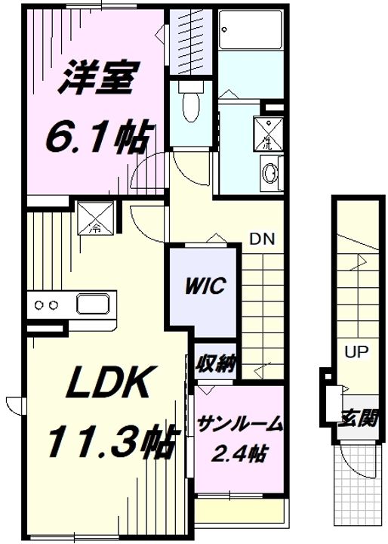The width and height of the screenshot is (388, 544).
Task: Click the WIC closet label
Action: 205,286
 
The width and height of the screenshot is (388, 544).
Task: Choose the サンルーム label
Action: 239,424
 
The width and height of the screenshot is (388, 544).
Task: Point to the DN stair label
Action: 263,239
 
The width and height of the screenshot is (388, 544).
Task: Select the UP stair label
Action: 356,352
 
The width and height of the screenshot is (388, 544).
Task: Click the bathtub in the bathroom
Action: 250,29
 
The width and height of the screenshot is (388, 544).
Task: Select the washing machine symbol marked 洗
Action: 268,134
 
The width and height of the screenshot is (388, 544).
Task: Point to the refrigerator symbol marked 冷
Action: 96,218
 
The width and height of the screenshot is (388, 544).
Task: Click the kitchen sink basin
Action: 94,304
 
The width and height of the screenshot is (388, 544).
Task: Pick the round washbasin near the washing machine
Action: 271,172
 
